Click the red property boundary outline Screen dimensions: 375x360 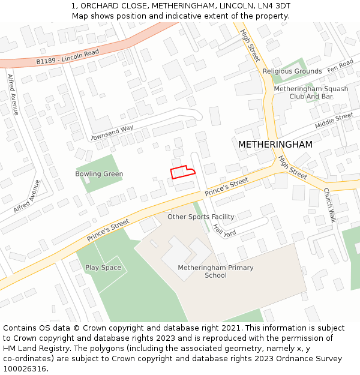point(182,172)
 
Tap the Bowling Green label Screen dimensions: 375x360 point(99,174)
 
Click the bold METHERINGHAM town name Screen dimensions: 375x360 point(275,145)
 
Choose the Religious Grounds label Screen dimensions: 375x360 point(292,71)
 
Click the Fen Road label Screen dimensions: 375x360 point(340,67)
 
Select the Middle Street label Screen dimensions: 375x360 point(334,121)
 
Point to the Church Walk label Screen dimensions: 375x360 point(329,205)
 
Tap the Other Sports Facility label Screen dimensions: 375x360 point(200,217)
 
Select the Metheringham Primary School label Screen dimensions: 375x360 point(215,271)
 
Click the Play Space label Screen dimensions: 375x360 point(103,268)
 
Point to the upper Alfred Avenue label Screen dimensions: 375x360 point(13,94)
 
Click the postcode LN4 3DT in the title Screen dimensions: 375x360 point(273,5)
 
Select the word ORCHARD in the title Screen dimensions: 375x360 point(100,5)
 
